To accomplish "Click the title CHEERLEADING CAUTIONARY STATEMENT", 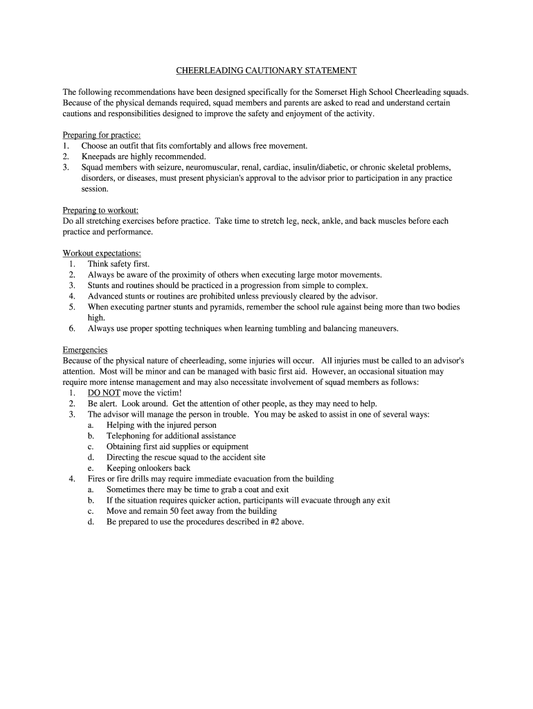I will click(266, 71).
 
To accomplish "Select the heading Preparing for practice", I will click(102, 135).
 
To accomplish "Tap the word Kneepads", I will click(100, 156).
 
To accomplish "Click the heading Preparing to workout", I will click(101, 210).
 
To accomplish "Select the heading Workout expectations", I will click(102, 253).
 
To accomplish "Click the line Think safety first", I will click(118, 264).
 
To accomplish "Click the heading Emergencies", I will click(85, 350).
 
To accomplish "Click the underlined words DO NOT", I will click(104, 393).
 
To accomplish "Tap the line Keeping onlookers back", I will click(148, 468).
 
